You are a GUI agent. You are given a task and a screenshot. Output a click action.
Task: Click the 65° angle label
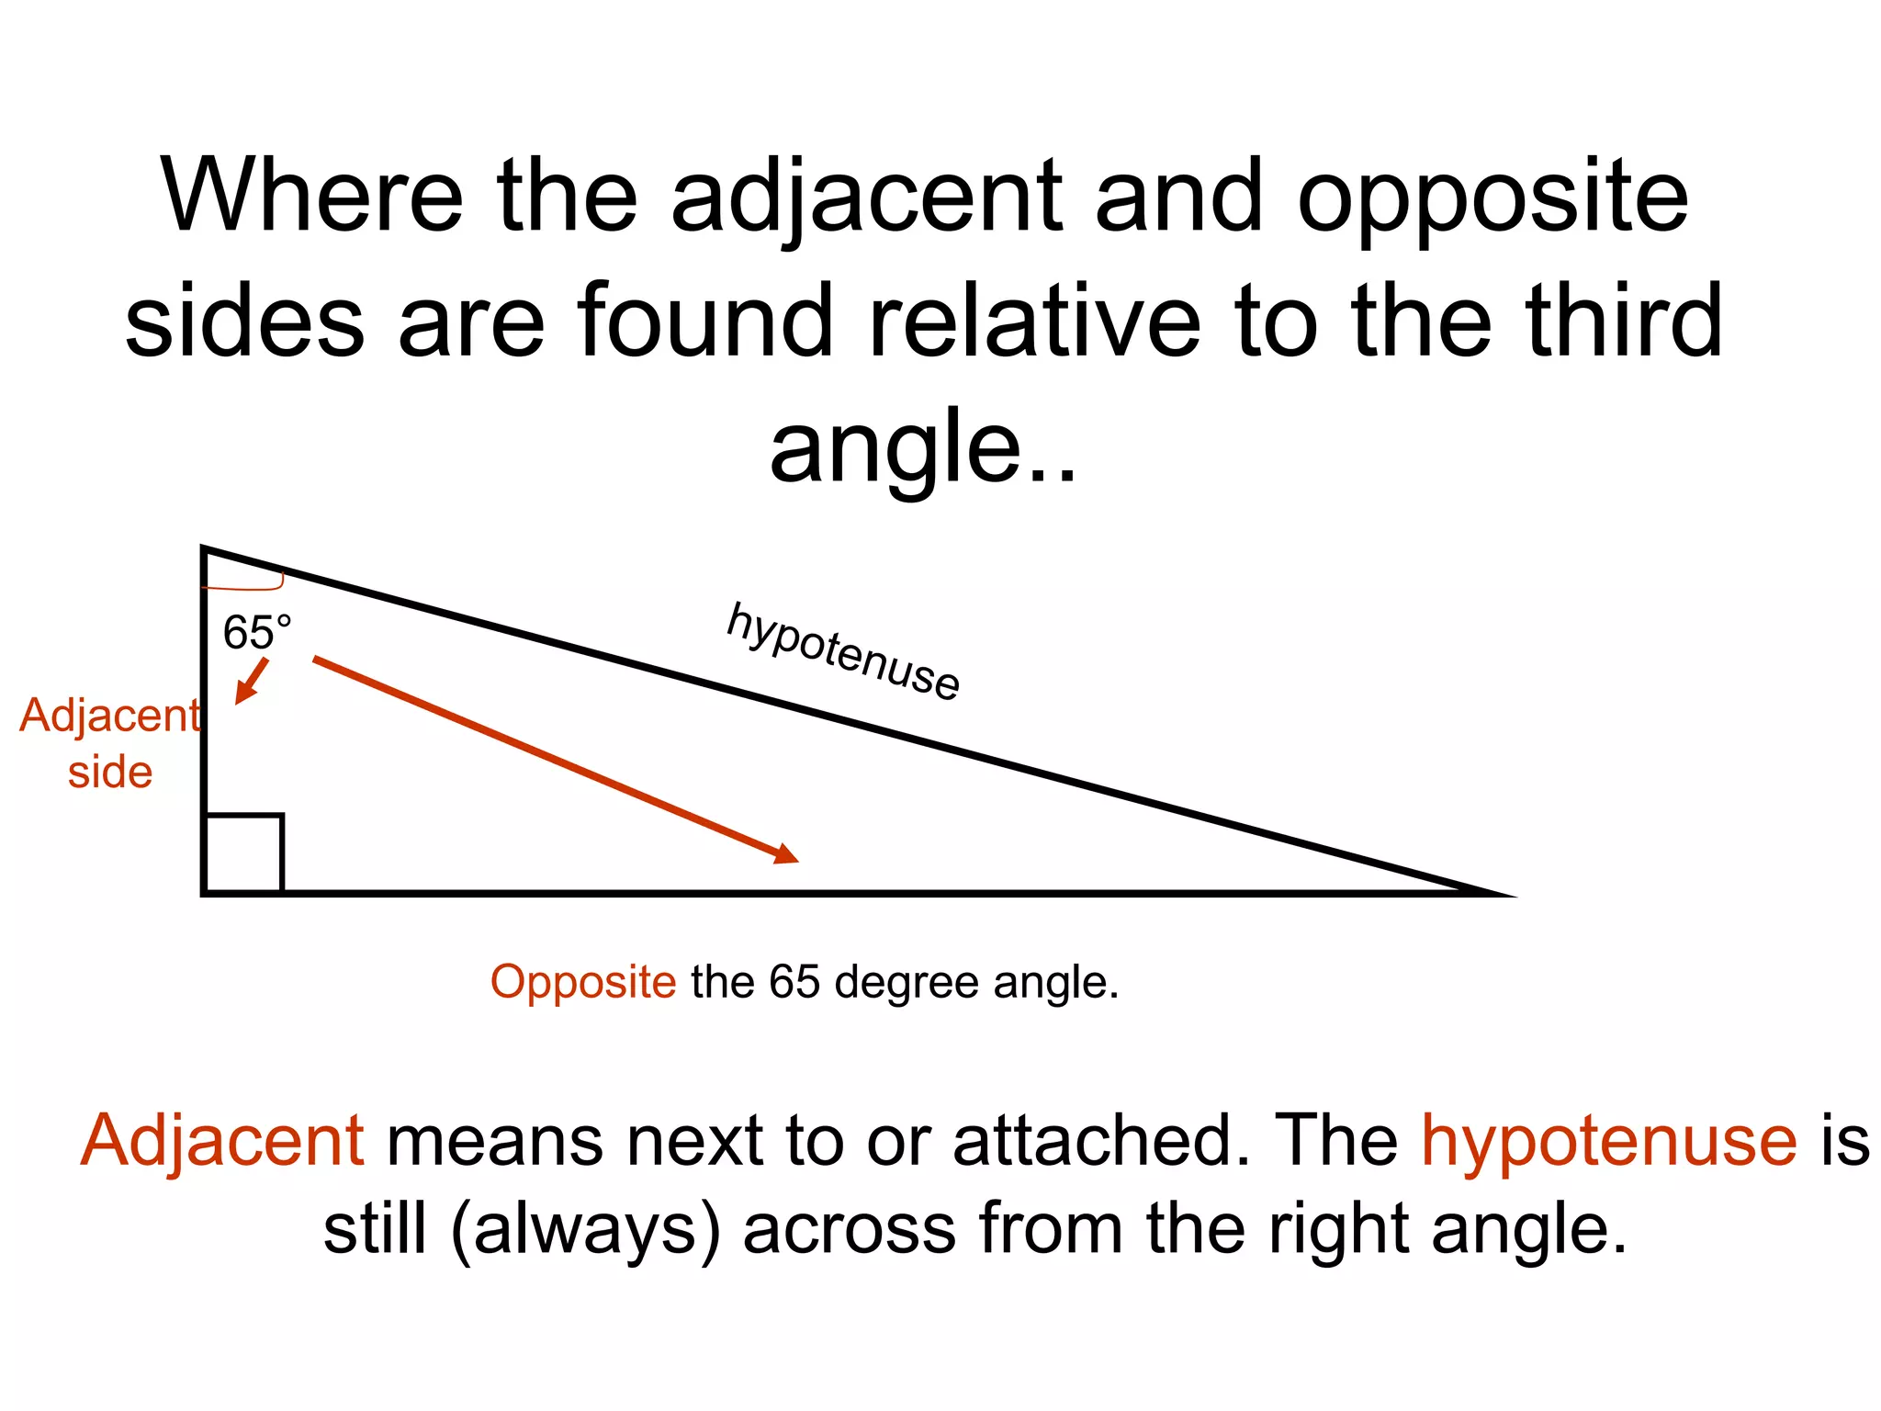click(256, 633)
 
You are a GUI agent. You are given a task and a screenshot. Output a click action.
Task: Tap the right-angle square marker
click(243, 852)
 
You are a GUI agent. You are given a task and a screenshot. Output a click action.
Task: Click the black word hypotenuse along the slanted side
click(842, 651)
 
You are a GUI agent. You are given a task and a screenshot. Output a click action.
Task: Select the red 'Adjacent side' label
click(109, 742)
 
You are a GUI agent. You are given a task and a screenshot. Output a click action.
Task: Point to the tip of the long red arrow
click(795, 860)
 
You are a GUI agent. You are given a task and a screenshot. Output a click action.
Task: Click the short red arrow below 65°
click(251, 681)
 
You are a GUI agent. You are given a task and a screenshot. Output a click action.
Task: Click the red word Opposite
click(583, 982)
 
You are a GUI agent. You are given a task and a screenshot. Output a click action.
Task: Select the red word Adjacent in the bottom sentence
click(223, 1141)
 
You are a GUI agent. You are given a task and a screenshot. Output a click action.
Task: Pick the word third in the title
click(1623, 321)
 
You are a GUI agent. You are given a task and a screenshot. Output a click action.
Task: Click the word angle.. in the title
click(922, 446)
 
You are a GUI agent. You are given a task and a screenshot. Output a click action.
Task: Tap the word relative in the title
click(1034, 321)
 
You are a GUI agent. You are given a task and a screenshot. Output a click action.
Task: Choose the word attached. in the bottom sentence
click(1101, 1141)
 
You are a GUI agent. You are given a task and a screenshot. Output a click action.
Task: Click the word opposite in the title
click(1492, 198)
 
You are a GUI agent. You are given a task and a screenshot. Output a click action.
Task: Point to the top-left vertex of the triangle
click(204, 549)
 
